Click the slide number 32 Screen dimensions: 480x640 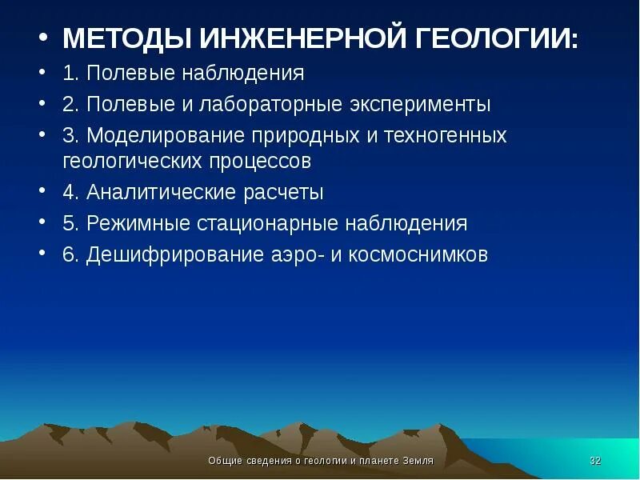point(594,461)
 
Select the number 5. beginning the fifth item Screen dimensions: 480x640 point(70,223)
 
